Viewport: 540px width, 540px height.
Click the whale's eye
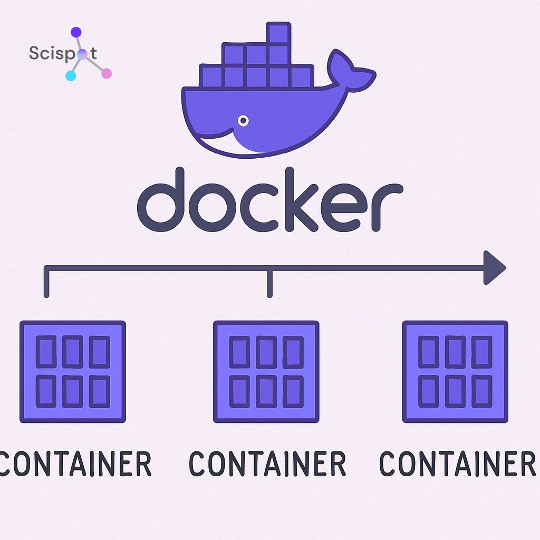pos(243,121)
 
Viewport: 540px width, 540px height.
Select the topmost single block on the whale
pos(278,33)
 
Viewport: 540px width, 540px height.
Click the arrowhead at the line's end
pos(494,267)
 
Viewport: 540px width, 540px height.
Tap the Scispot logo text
pos(63,53)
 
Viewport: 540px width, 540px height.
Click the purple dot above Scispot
pos(76,33)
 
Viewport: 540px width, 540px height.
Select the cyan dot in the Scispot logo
pos(71,75)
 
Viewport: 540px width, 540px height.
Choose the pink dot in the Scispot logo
pos(106,73)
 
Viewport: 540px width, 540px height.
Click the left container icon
pos(73,372)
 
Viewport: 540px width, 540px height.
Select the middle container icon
pos(266,372)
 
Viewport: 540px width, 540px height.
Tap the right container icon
pos(455,372)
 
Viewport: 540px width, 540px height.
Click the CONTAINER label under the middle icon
pos(267,464)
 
